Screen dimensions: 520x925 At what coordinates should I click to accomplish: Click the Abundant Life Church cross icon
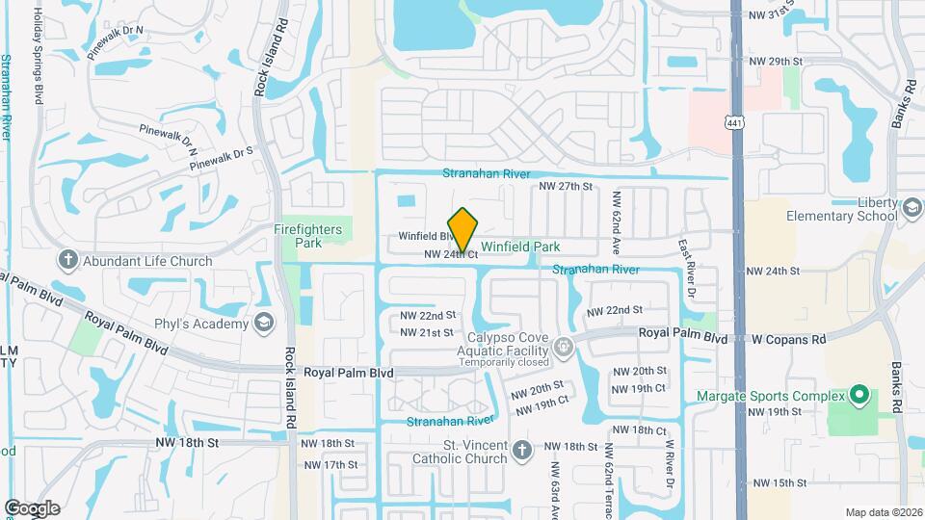(67, 260)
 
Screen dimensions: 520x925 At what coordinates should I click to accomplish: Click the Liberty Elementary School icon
(911, 208)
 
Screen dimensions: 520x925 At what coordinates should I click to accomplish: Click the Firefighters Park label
(308, 237)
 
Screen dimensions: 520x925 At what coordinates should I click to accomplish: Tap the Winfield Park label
(520, 247)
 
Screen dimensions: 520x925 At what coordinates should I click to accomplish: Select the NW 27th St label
(565, 186)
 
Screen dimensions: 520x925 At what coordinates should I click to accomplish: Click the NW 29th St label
(778, 62)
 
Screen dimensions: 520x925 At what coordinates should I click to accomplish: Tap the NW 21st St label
(427, 332)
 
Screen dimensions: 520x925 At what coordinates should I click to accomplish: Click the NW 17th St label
(330, 464)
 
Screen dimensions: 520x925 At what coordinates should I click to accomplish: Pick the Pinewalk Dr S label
(221, 159)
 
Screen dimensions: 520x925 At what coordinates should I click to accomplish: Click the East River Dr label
(686, 268)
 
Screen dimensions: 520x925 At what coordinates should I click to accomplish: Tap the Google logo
(32, 507)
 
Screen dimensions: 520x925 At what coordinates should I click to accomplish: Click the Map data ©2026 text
(883, 511)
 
